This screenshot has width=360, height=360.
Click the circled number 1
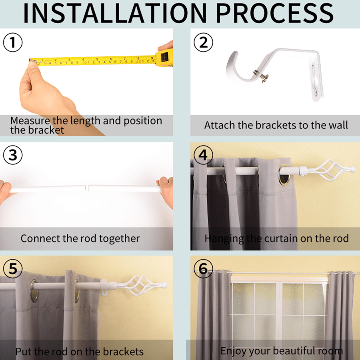(13, 42)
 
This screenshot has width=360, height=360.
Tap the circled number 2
(203, 42)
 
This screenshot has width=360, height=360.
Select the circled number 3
(13, 155)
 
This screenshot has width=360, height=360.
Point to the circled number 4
(203, 155)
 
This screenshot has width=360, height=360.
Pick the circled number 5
(13, 268)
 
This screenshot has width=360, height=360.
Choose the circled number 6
(203, 268)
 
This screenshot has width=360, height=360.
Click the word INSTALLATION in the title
(115, 13)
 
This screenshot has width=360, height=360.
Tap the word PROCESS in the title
(274, 13)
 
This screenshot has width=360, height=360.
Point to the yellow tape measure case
(164, 57)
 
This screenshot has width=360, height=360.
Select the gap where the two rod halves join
(87, 187)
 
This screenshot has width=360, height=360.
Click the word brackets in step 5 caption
(123, 352)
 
